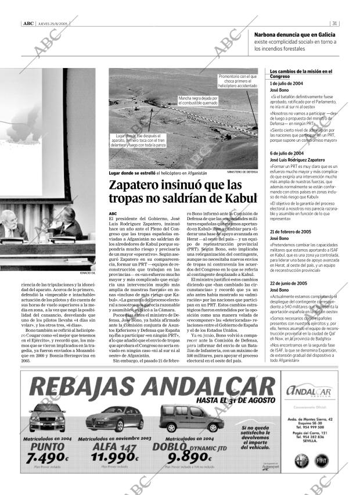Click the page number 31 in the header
click(x=335, y=24)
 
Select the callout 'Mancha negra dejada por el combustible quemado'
click(x=198, y=101)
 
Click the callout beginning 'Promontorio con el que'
click(x=237, y=81)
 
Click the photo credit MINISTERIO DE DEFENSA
click(x=242, y=173)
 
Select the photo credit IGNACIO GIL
click(x=87, y=272)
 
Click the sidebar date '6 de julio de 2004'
click(x=286, y=153)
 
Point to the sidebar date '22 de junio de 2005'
click(x=289, y=283)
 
